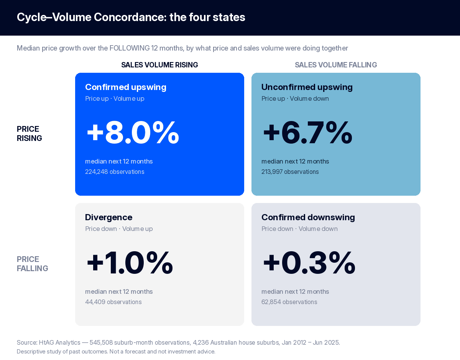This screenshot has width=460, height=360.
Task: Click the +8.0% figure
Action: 133,133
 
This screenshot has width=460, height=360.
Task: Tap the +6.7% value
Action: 307,133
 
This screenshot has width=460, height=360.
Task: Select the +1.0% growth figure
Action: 130,263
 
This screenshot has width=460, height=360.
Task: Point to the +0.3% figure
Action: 309,263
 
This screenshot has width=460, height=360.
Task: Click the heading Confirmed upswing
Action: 126,87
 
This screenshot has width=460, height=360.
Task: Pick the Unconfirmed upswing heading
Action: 307,87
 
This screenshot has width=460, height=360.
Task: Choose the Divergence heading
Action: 108,217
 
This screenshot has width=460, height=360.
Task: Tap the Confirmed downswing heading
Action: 308,217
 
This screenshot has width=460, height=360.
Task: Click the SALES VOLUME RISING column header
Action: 159,65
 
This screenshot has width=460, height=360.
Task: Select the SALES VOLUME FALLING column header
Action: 336,65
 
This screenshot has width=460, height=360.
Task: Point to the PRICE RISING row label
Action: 30,134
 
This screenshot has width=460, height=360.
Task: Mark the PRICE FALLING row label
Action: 32,264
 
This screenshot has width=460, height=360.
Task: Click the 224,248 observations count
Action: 115,172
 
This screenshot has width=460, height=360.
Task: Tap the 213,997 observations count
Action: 290,172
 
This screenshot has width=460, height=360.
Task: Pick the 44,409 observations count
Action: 113,302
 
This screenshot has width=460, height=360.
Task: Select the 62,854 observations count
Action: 289,302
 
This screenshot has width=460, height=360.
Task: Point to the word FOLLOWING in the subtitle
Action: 129,48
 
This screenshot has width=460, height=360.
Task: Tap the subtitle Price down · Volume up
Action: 119,229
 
